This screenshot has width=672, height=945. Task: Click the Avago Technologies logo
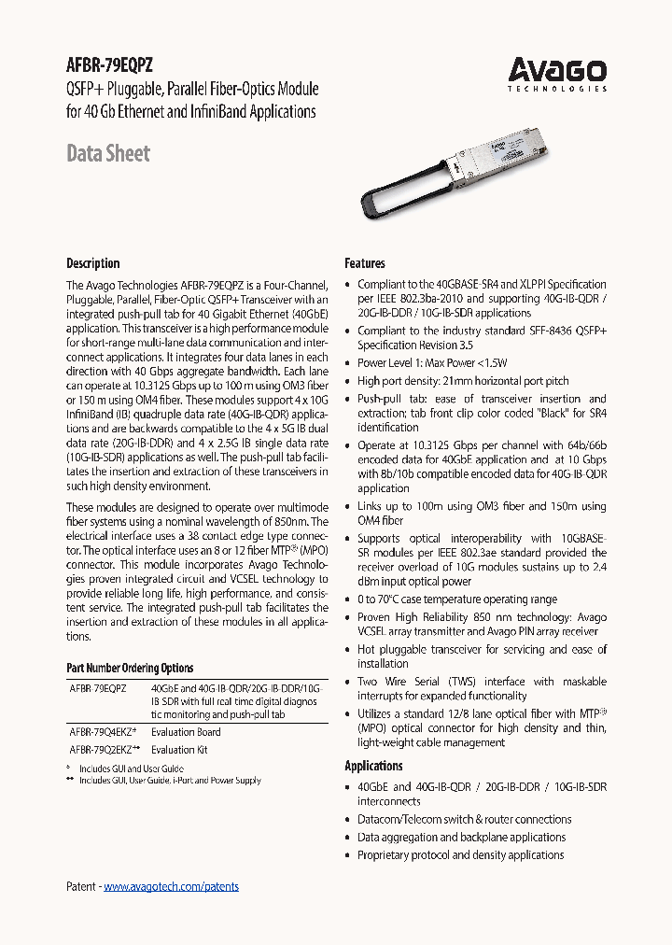click(x=556, y=73)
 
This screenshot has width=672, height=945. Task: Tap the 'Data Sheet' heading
click(x=108, y=153)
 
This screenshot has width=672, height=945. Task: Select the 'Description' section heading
click(x=93, y=263)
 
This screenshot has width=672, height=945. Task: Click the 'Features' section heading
click(x=365, y=263)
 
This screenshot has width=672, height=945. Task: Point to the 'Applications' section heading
click(x=373, y=766)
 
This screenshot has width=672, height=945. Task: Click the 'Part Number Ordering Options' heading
click(x=130, y=668)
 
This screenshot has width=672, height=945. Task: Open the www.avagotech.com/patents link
click(x=171, y=886)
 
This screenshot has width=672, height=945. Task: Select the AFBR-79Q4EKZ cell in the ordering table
click(x=103, y=732)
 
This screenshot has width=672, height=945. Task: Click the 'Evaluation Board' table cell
click(x=186, y=732)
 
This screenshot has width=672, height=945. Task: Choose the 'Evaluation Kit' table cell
click(x=179, y=749)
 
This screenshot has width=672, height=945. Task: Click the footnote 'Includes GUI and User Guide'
click(x=132, y=769)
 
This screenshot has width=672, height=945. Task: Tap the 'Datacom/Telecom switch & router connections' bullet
click(x=464, y=820)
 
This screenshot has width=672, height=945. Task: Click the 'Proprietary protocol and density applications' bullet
click(x=460, y=854)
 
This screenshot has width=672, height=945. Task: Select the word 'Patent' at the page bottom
click(x=81, y=886)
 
